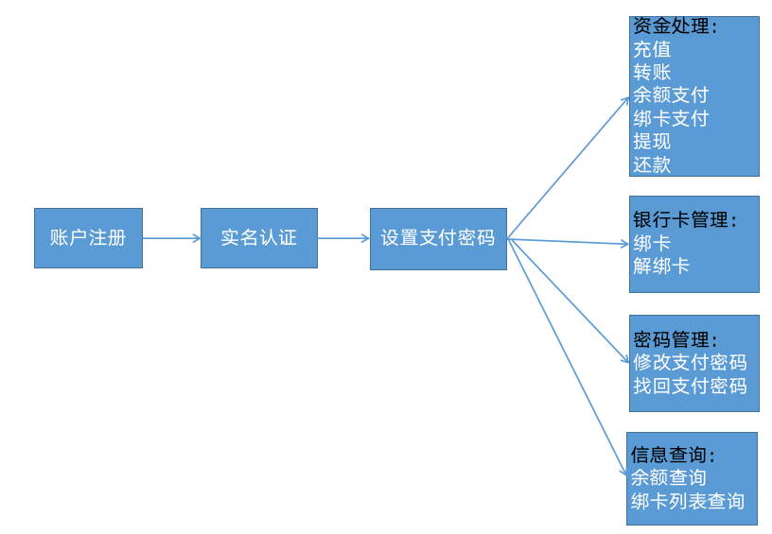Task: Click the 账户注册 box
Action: point(88,238)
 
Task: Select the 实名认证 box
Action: point(258,238)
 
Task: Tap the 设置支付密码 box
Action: point(438,238)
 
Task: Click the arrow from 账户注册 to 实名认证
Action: point(171,238)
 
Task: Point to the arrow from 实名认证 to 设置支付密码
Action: point(343,238)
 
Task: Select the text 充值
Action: point(652,49)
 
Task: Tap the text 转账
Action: point(652,73)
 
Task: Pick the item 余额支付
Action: point(671,95)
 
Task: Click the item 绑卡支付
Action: point(671,119)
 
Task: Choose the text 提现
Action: point(652,142)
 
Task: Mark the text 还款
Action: point(652,164)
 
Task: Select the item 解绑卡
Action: point(661,267)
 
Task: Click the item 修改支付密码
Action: point(690,362)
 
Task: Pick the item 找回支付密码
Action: point(690,386)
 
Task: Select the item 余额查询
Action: point(669,478)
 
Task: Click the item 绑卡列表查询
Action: point(688,502)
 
